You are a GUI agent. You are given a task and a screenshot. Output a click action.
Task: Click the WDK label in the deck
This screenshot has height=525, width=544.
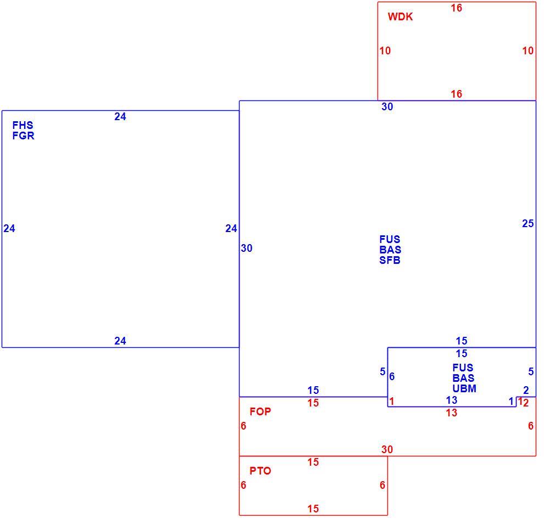click(x=400, y=16)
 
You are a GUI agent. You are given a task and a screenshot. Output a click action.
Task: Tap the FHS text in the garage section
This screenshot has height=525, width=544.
click(x=23, y=125)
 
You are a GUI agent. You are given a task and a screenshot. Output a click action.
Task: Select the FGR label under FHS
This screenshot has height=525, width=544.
click(x=23, y=136)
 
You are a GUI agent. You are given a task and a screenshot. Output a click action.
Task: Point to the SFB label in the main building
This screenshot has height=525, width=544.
click(x=390, y=261)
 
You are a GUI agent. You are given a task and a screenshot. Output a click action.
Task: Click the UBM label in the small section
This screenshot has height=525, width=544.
click(x=464, y=388)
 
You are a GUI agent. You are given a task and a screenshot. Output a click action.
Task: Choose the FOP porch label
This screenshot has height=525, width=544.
click(x=260, y=411)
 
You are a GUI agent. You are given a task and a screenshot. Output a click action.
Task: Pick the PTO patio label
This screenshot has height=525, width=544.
click(x=260, y=471)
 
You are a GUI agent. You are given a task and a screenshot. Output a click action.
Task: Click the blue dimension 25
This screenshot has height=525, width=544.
click(x=528, y=223)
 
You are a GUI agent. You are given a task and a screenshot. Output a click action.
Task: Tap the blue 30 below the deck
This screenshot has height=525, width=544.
click(x=387, y=106)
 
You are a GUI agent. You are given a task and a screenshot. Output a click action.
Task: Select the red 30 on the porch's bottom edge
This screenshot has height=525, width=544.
click(x=387, y=449)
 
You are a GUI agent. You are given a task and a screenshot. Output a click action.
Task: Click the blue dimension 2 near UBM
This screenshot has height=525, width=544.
click(x=526, y=390)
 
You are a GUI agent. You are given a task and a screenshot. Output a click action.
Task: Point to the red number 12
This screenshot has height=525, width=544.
click(x=524, y=403)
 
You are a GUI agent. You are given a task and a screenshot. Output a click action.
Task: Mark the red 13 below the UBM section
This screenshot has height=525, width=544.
click(x=451, y=413)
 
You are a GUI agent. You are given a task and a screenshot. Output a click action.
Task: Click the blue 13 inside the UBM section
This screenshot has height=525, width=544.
click(x=451, y=400)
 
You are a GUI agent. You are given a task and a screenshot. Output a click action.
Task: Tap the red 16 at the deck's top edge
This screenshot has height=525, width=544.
click(x=456, y=8)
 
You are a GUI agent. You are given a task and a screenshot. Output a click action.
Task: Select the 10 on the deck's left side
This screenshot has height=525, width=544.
click(x=385, y=51)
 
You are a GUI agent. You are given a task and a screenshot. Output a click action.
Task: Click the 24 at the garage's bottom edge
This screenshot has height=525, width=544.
click(x=120, y=341)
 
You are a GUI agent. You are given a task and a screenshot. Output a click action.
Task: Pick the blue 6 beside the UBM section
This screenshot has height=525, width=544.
click(x=392, y=376)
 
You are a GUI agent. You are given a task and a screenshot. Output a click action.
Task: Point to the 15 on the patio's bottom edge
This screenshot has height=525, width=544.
click(x=313, y=509)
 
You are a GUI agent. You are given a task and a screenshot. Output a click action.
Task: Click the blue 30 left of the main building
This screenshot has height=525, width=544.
click(x=247, y=249)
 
